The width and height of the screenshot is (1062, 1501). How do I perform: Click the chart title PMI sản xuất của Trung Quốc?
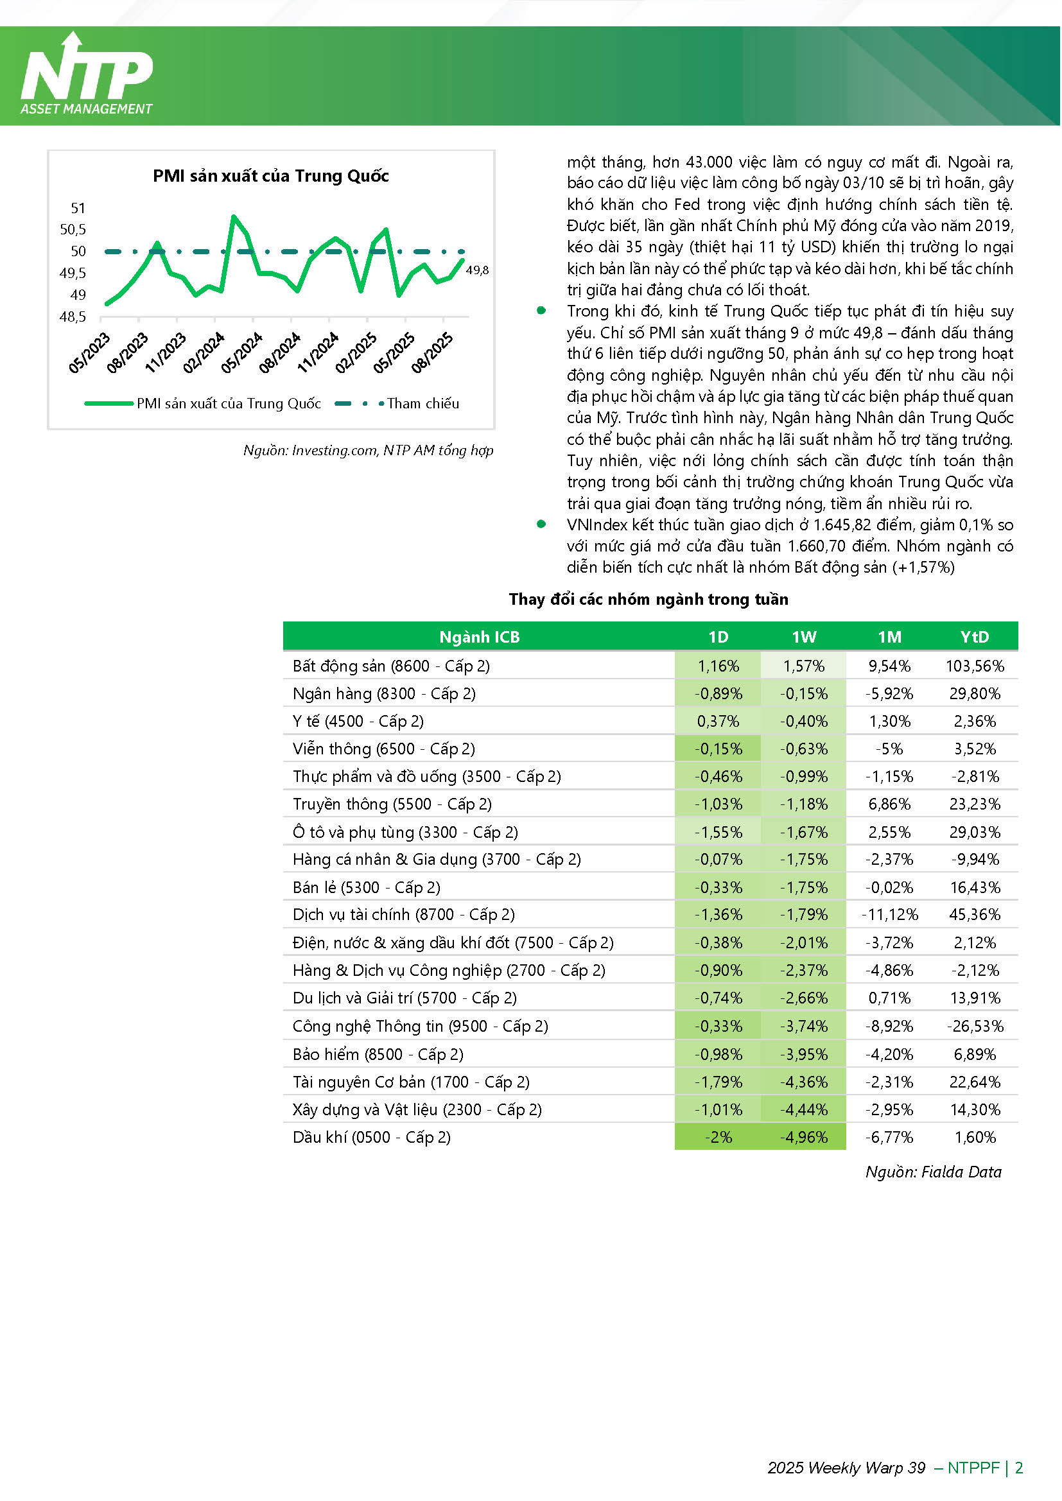click(271, 176)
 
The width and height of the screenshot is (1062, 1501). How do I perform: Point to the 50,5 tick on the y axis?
click(73, 229)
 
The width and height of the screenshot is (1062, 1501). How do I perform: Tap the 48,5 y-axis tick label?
click(73, 317)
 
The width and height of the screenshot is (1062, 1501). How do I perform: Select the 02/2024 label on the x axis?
click(204, 353)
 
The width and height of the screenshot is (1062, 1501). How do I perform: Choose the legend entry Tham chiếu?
click(422, 404)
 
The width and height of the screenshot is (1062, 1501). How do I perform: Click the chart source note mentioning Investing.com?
click(368, 451)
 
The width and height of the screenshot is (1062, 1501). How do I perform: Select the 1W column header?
click(805, 638)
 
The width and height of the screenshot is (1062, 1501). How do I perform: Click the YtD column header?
click(976, 638)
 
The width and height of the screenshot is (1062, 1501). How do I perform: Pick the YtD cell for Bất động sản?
click(976, 667)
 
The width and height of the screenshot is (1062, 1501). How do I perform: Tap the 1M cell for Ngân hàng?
click(890, 694)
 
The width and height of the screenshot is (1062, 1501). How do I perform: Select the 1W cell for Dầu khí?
click(805, 1138)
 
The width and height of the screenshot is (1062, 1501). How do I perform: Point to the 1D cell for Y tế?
click(718, 722)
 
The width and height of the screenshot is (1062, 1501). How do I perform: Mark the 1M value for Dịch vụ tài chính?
click(890, 915)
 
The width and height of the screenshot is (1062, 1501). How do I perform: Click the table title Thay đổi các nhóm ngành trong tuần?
click(649, 600)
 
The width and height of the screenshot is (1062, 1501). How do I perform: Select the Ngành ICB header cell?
click(480, 638)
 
